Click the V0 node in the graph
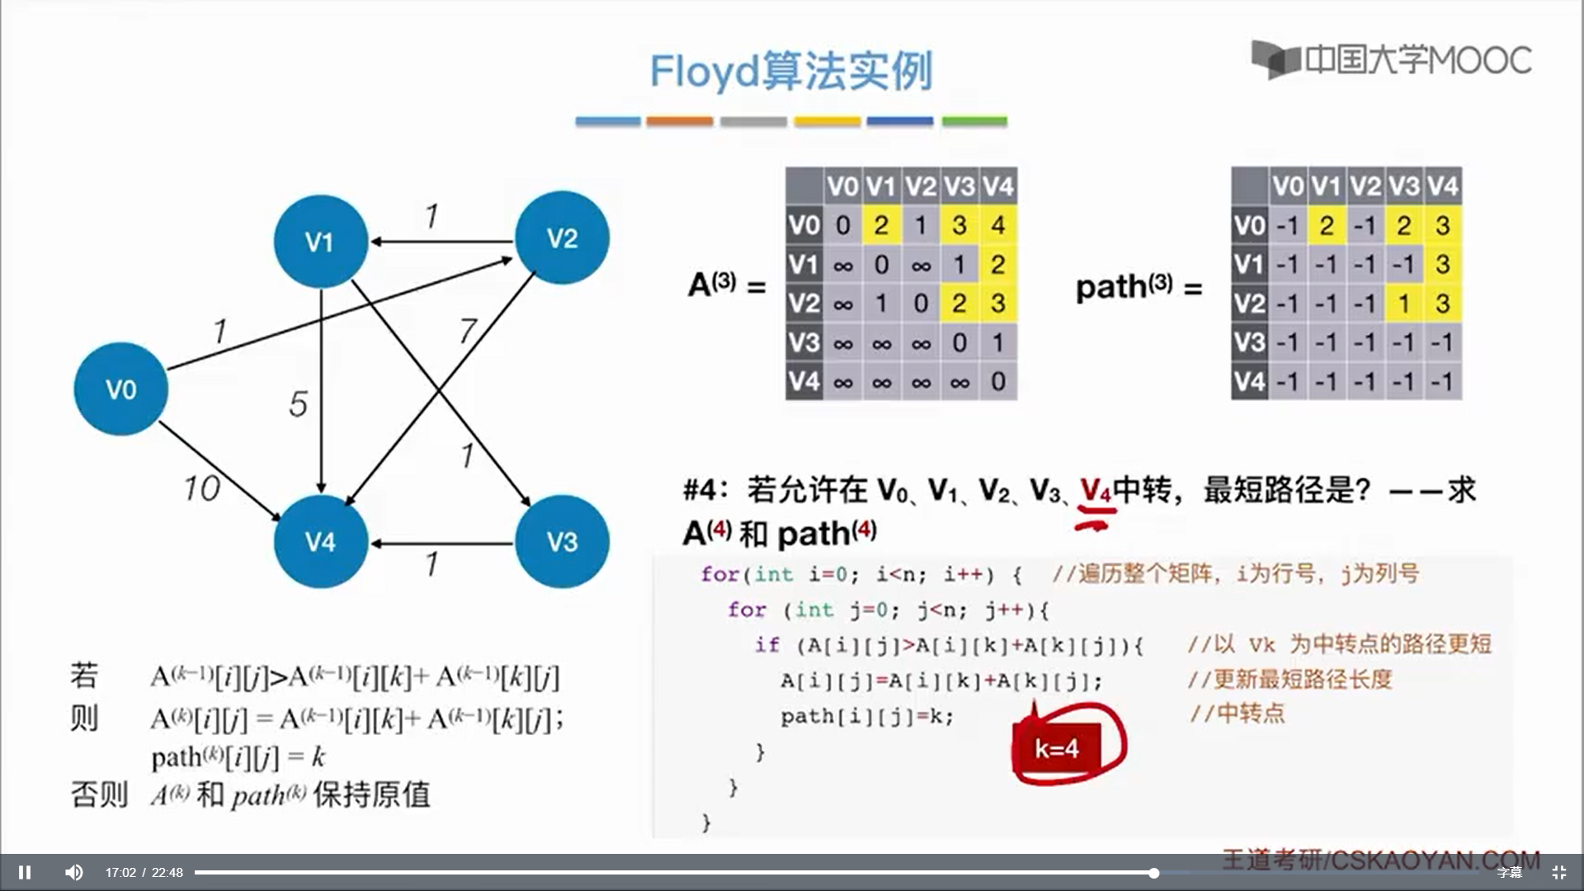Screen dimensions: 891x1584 120,389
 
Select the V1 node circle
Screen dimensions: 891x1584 320,241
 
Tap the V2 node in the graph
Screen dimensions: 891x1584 562,238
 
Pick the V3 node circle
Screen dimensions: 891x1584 562,541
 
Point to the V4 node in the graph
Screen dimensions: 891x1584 320,541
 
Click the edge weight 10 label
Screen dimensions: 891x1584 201,488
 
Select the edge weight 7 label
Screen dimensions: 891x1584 468,331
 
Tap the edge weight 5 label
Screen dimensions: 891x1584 298,404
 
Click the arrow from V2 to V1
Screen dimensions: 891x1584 441,242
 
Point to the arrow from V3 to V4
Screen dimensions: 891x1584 441,544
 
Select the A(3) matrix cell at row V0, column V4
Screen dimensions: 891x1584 998,225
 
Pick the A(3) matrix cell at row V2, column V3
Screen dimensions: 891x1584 959,304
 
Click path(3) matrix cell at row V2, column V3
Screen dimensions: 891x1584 1403,304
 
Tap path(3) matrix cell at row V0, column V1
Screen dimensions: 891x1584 1326,225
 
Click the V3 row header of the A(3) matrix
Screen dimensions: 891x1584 804,342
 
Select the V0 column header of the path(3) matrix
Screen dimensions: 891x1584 1287,186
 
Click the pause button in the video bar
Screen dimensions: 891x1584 25,872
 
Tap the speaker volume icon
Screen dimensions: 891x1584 74,872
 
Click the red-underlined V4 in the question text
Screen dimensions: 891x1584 1096,491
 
